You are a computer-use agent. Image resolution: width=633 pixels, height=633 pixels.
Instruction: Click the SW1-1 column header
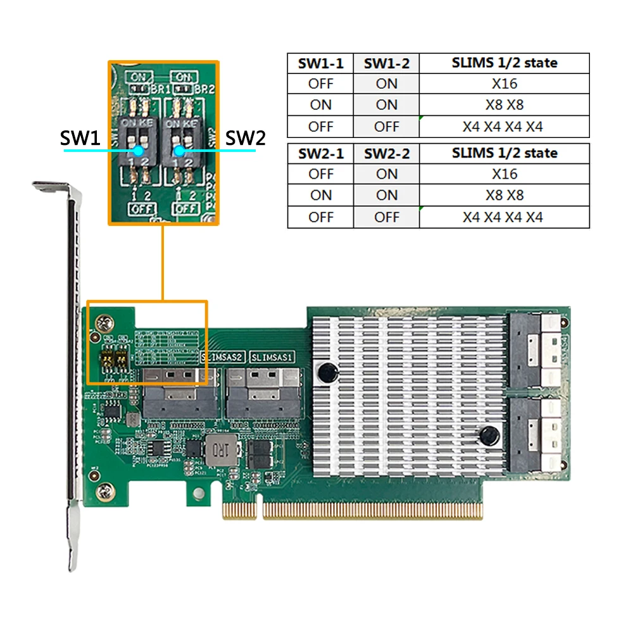320,63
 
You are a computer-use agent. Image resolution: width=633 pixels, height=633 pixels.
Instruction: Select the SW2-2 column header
386,153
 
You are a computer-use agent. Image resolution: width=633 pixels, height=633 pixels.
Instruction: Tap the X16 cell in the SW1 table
504,84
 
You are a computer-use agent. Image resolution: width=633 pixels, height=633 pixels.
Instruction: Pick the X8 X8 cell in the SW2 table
504,195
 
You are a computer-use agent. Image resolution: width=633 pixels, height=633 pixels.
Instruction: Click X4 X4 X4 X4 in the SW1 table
504,126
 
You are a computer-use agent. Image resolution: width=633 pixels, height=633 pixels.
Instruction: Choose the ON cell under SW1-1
320,104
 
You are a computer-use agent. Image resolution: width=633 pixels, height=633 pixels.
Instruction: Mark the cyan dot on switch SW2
180,151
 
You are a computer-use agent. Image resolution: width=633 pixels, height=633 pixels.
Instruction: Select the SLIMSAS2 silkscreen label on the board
222,356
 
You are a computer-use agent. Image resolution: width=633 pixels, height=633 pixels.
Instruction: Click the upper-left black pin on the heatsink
327,373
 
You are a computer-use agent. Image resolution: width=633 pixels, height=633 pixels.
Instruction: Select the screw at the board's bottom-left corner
104,489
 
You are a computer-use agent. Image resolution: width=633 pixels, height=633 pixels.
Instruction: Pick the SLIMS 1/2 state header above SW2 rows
504,153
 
